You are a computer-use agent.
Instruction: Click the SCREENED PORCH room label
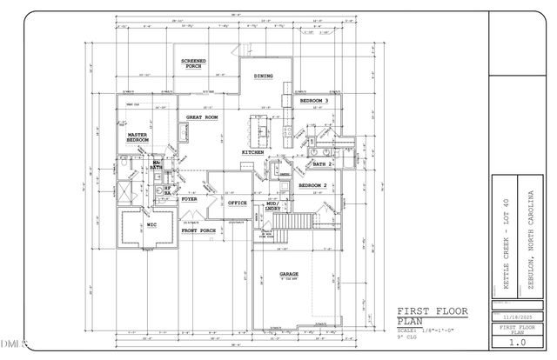tap(192, 63)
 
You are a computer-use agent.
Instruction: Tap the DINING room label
tap(264, 77)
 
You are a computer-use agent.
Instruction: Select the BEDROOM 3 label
tap(314, 102)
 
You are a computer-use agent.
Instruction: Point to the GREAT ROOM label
tap(201, 117)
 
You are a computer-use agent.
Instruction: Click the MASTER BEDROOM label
tap(138, 137)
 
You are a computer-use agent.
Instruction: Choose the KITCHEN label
tap(252, 152)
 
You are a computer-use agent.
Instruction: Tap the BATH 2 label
tap(325, 163)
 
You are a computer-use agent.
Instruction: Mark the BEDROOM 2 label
tap(312, 185)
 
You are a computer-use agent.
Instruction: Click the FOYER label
tap(189, 199)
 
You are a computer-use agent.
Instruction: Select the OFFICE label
tap(238, 203)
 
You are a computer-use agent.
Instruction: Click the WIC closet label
tap(151, 224)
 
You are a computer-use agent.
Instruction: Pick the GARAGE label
tap(289, 274)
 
